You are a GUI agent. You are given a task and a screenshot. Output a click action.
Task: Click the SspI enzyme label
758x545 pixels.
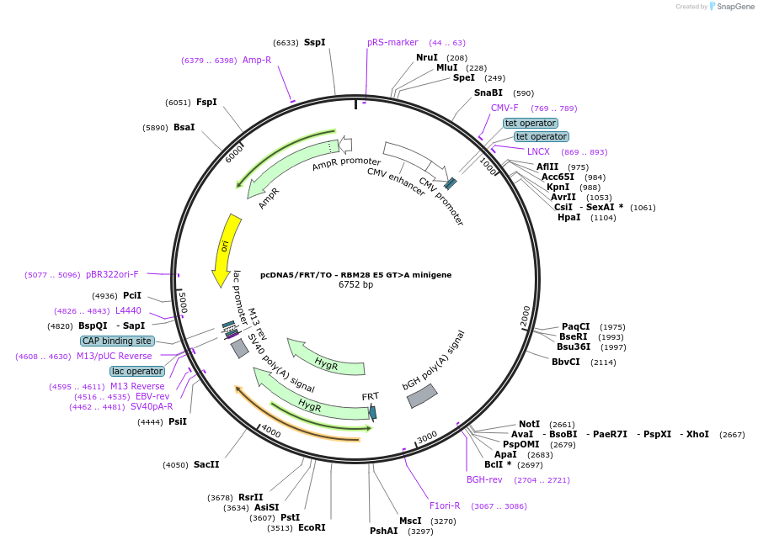[x=314, y=42]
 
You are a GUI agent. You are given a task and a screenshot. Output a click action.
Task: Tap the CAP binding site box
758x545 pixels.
[x=117, y=341]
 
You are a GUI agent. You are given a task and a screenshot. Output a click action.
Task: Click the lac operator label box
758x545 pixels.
[x=137, y=371]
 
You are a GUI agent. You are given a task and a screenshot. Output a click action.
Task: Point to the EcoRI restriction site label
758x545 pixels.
[x=312, y=527]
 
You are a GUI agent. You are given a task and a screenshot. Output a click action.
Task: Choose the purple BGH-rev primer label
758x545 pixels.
[x=484, y=479]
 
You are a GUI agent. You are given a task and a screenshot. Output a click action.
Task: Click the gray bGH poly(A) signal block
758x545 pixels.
[x=422, y=395]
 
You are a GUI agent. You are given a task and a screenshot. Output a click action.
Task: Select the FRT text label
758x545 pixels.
[x=371, y=396]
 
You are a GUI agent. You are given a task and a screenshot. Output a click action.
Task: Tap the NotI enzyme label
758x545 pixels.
[x=529, y=424]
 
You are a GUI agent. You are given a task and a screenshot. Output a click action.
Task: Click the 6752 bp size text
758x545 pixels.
[x=355, y=285]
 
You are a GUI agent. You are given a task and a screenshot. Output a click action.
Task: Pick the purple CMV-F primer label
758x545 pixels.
[x=504, y=108]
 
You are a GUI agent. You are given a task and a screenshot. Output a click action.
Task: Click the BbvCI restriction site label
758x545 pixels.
[x=565, y=362]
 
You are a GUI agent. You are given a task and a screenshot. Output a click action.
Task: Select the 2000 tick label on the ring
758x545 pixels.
[x=526, y=315]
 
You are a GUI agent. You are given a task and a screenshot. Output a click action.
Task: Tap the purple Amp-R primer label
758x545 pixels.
[x=257, y=60]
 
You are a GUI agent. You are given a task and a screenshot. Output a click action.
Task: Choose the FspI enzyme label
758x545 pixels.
[x=206, y=102]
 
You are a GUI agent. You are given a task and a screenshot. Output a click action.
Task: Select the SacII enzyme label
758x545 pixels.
[x=206, y=464]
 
